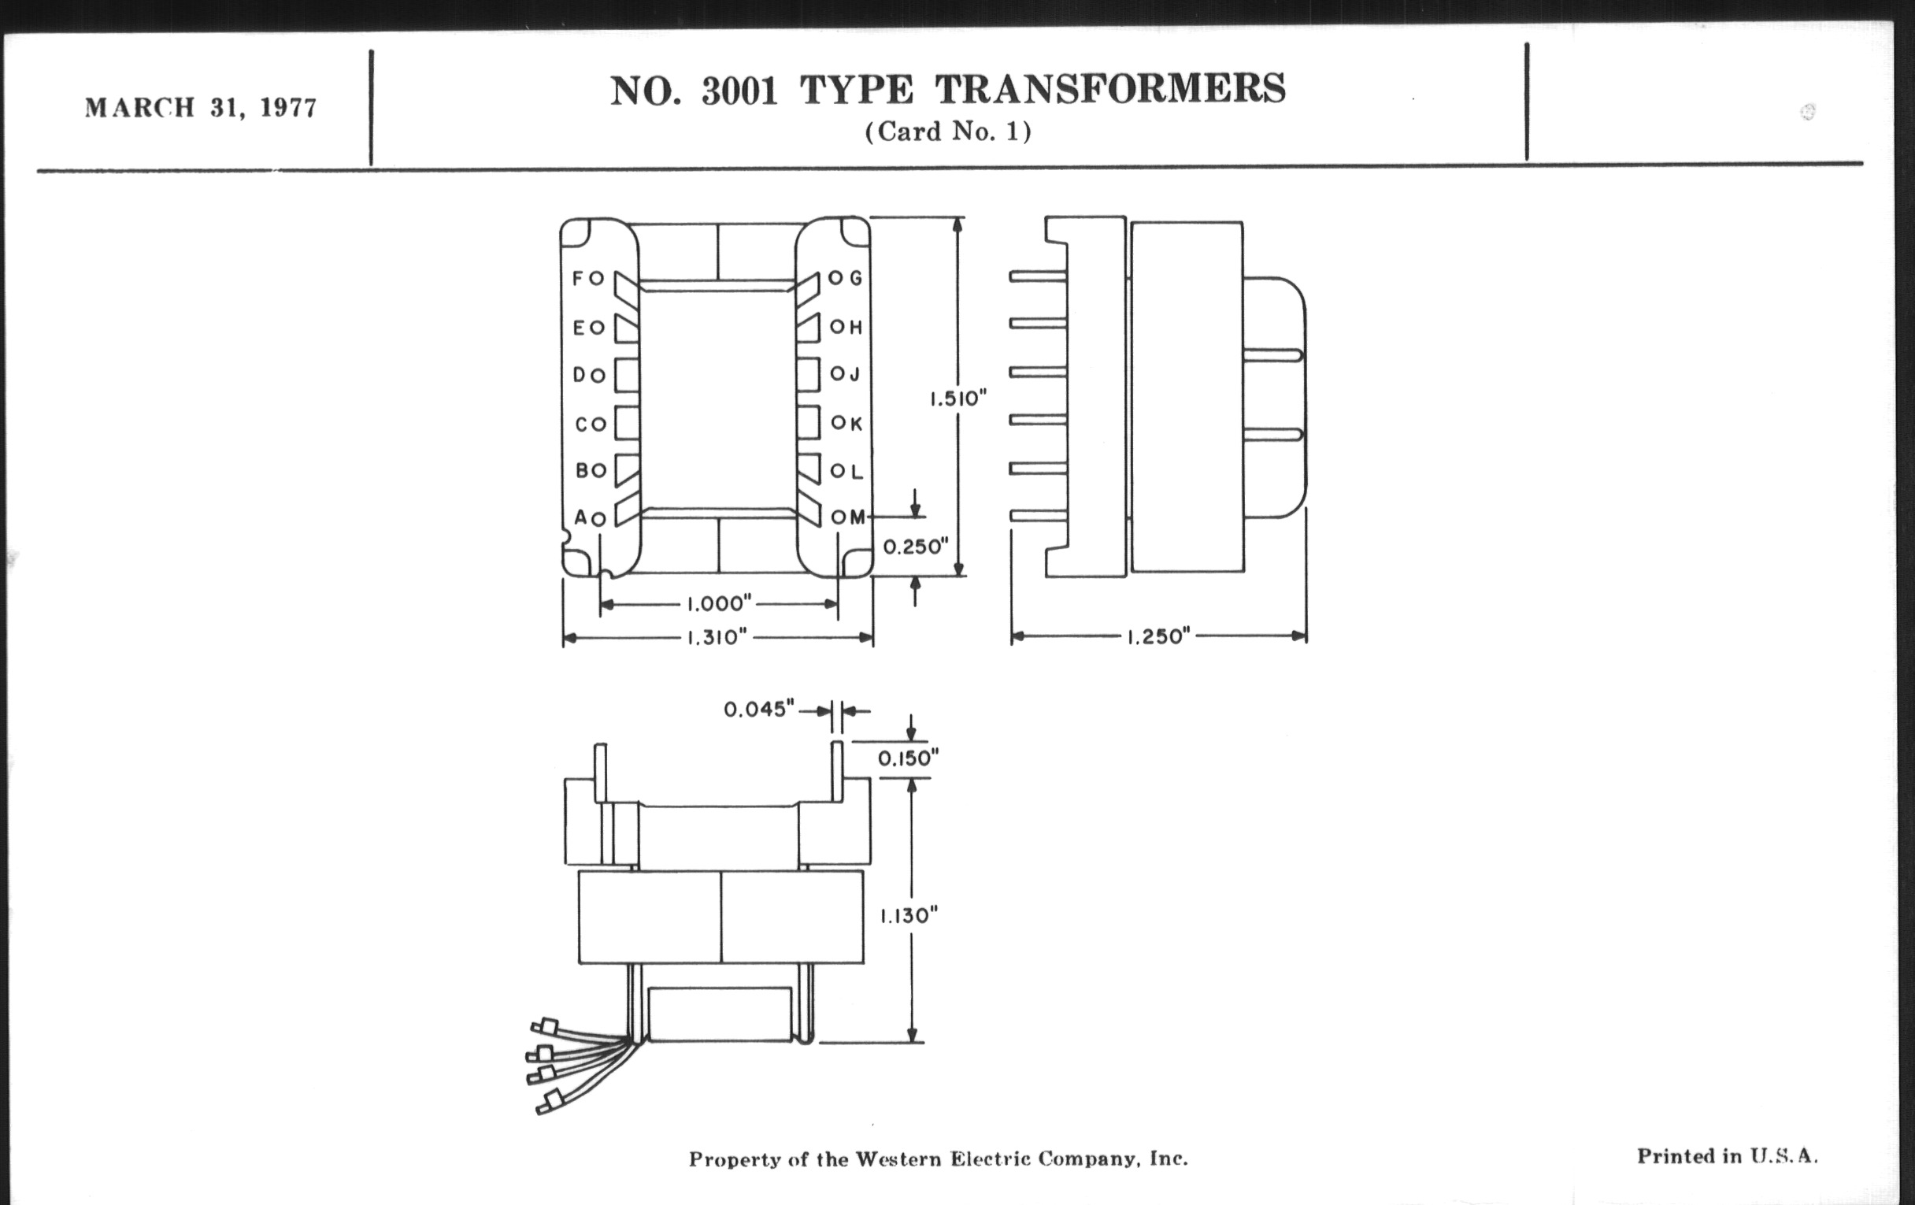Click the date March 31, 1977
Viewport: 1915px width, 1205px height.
(201, 107)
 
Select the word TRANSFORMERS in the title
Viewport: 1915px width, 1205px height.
(1109, 89)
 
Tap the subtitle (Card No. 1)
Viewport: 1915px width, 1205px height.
(948, 132)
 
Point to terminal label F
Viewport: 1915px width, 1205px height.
(578, 278)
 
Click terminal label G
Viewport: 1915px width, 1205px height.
(856, 278)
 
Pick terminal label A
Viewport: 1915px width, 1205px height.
(580, 517)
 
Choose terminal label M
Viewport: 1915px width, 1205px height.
(857, 517)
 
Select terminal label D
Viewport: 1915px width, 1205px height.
(580, 376)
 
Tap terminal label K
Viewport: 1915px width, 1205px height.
(856, 423)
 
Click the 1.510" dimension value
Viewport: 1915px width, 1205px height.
(958, 398)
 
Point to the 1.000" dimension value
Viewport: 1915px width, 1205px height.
(718, 605)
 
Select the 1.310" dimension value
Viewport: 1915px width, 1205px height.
(717, 637)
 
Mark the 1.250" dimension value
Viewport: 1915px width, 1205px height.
(1158, 636)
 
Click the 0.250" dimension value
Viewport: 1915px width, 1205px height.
(916, 547)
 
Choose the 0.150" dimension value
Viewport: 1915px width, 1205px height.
(908, 758)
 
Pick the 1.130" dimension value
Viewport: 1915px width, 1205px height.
(908, 916)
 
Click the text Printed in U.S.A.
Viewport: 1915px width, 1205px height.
(1727, 1156)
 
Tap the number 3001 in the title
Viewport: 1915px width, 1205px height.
(739, 91)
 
